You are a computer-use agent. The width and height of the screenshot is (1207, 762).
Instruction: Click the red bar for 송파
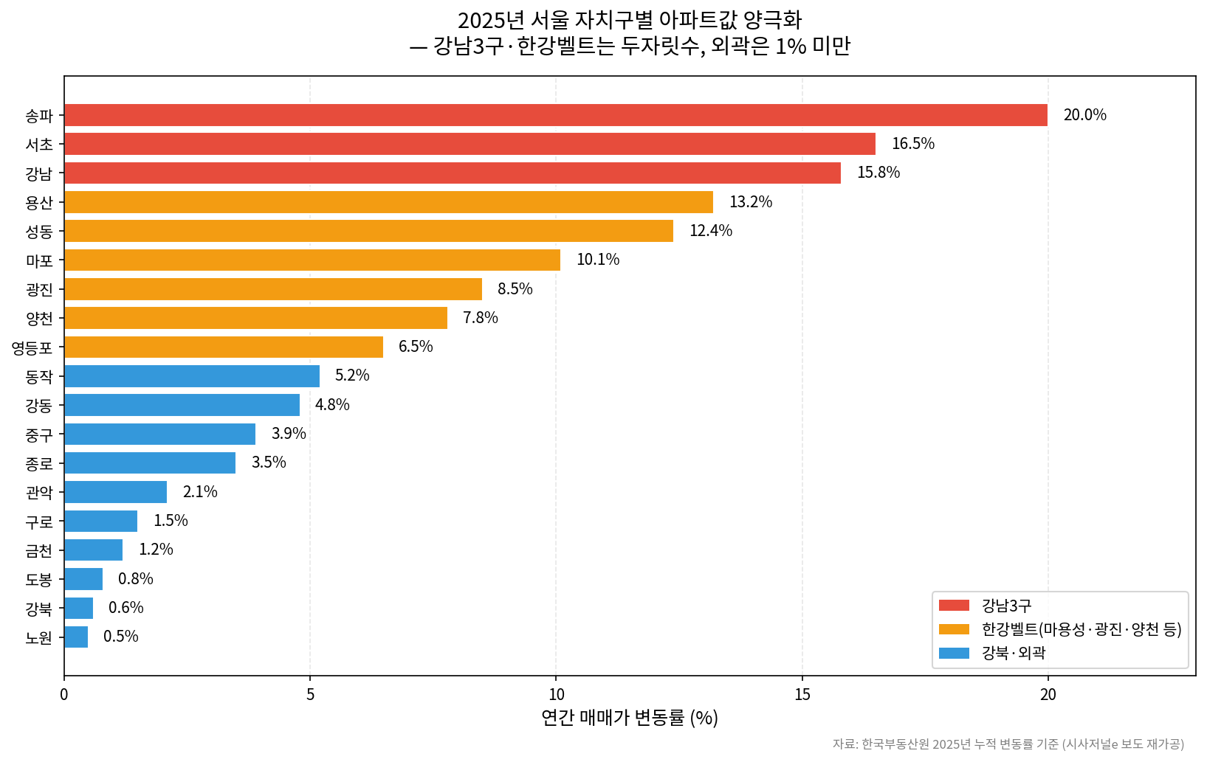click(555, 115)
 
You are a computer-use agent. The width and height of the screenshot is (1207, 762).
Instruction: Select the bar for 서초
click(470, 144)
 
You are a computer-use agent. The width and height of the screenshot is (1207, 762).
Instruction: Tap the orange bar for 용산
click(388, 202)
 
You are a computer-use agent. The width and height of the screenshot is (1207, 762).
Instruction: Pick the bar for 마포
click(312, 260)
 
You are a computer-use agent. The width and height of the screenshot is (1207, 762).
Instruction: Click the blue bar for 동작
click(192, 376)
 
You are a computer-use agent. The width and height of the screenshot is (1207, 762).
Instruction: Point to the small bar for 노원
click(76, 637)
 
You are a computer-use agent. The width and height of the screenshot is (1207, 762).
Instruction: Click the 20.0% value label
click(1084, 115)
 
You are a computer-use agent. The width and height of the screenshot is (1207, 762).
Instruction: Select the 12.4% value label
click(710, 231)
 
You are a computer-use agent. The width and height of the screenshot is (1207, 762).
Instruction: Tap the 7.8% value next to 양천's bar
click(480, 318)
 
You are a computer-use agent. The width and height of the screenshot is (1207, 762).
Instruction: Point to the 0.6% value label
click(125, 608)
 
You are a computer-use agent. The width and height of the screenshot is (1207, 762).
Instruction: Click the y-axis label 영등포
click(32, 347)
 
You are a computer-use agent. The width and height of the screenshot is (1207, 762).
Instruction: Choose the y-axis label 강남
click(39, 174)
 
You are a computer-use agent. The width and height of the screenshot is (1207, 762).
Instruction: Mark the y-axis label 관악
click(39, 492)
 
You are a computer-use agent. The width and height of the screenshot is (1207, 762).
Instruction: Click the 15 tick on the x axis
click(802, 694)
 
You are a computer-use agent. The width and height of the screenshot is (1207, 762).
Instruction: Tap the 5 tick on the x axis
click(310, 694)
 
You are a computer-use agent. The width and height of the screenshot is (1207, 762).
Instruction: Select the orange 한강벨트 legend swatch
click(954, 629)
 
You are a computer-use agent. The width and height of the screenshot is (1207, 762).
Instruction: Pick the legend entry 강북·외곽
click(1013, 653)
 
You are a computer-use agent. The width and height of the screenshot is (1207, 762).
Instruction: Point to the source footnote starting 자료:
click(1008, 744)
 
